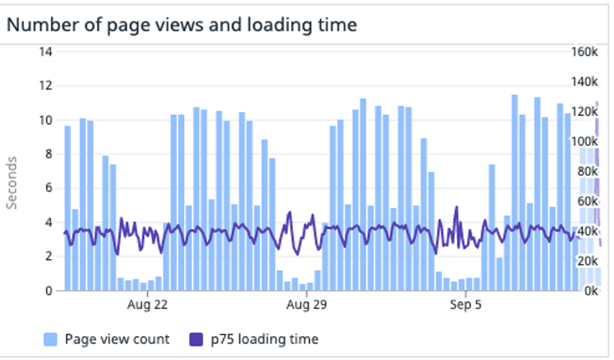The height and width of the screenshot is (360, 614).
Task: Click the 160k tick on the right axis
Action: click(585, 52)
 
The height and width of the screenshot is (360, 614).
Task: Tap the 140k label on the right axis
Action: click(585, 82)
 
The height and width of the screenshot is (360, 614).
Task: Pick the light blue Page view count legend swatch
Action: click(51, 340)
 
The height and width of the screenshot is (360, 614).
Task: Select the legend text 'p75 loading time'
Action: click(264, 340)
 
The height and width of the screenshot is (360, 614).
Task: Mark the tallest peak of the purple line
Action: click(456, 207)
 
